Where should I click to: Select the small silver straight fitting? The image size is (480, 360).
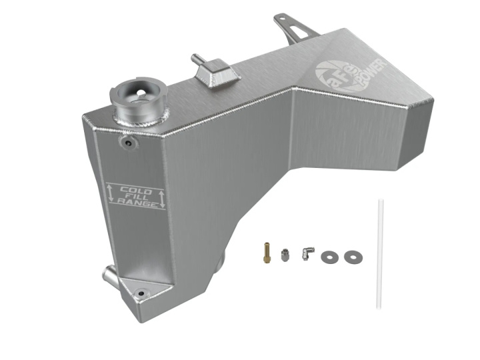(x=285, y=255)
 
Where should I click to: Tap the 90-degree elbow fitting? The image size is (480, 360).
(x=307, y=254)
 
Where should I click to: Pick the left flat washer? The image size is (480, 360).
(x=330, y=257)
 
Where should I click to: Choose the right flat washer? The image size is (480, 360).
(x=353, y=257)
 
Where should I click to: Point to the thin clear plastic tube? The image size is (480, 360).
(x=379, y=253)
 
